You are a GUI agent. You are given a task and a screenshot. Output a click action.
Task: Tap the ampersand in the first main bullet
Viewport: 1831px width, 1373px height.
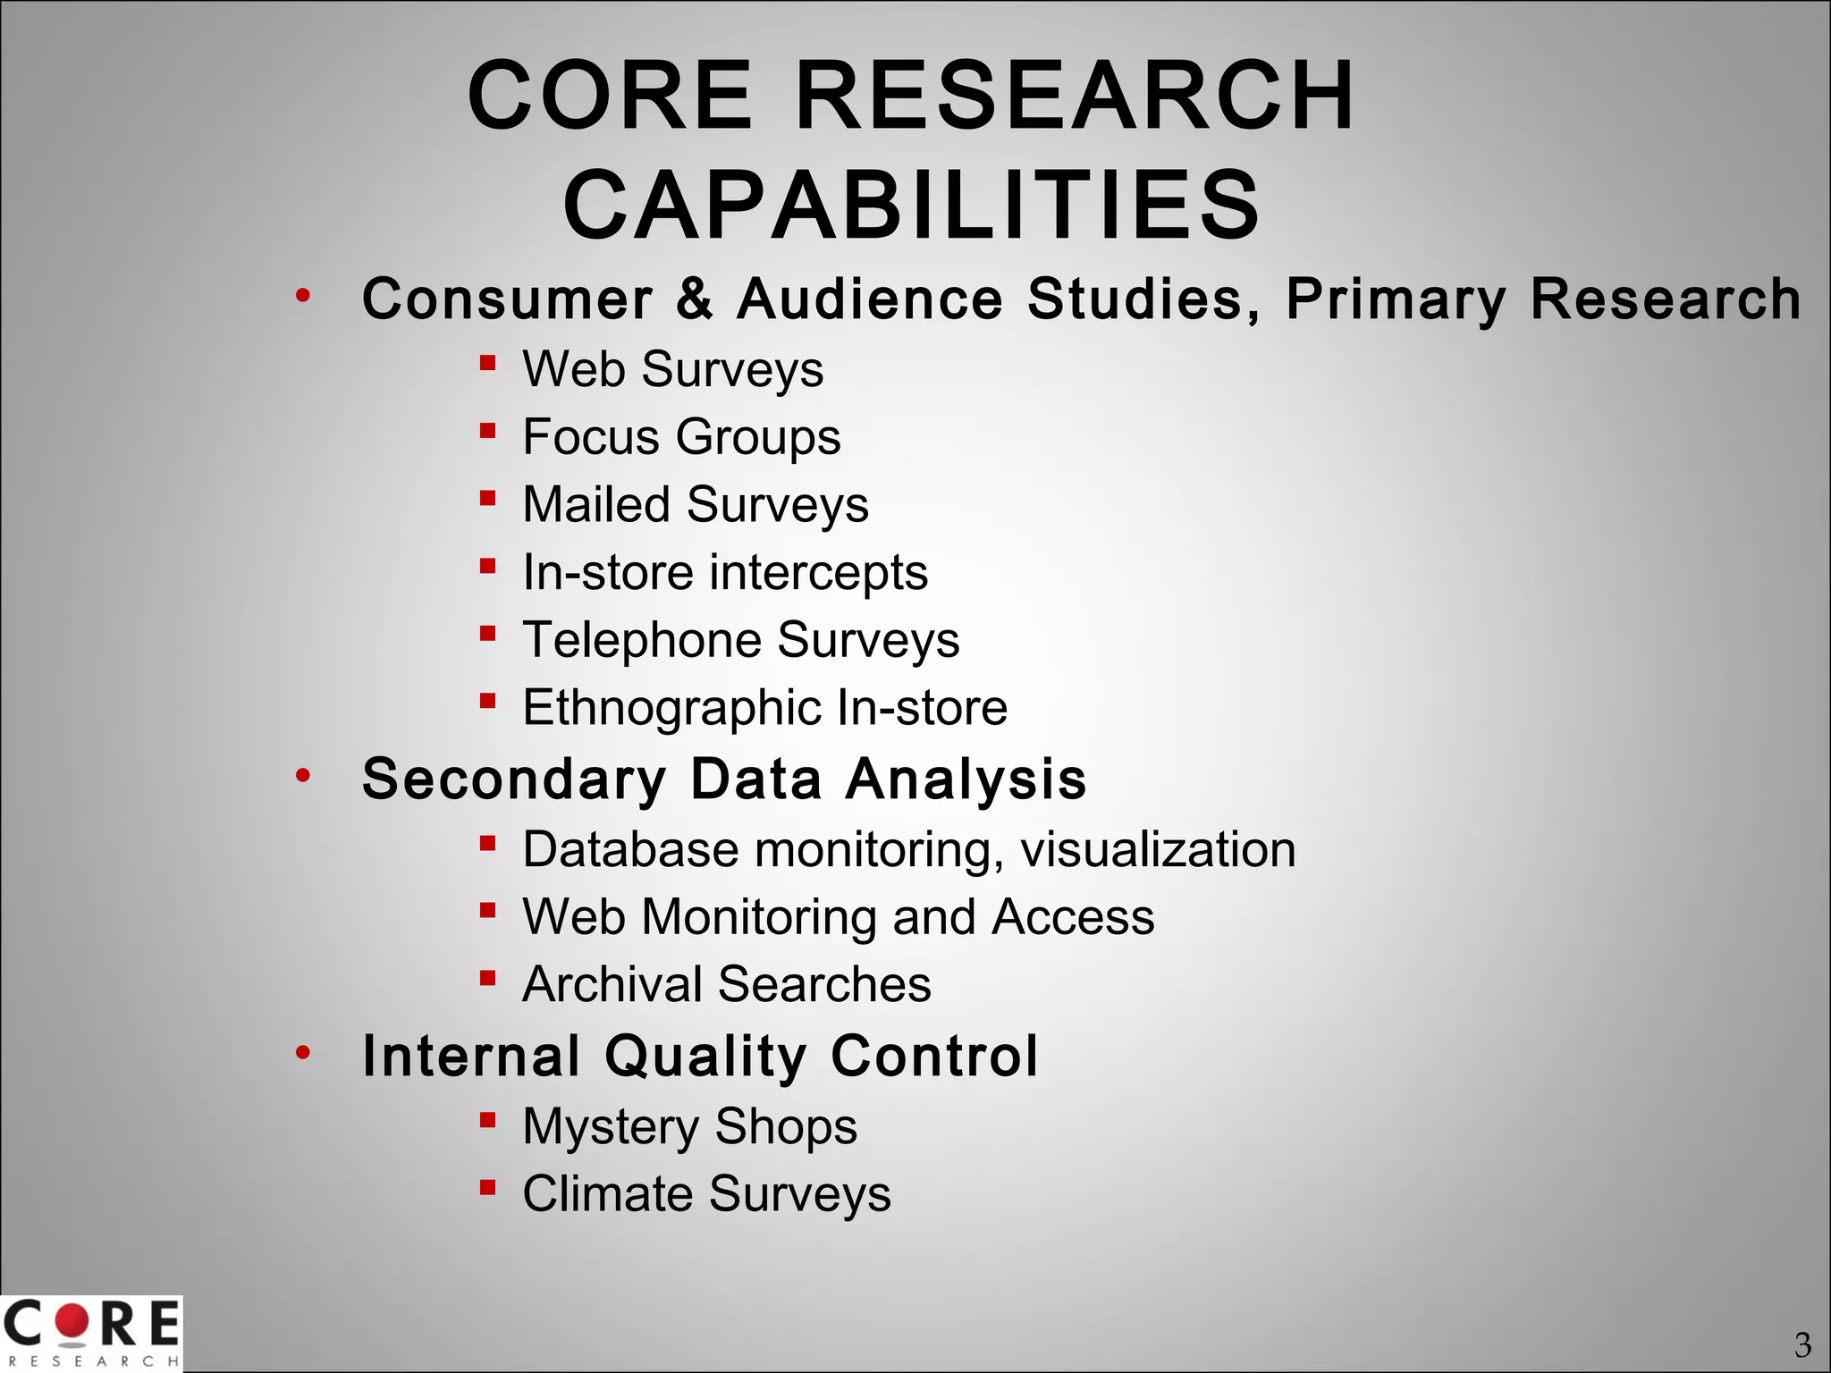click(695, 299)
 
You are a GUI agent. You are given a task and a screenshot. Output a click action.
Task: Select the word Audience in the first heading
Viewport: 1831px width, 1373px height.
click(869, 299)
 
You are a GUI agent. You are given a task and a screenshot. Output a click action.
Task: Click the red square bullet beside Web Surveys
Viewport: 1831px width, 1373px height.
click(487, 363)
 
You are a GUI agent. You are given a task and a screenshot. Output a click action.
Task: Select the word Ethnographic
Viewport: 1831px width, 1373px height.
click(671, 709)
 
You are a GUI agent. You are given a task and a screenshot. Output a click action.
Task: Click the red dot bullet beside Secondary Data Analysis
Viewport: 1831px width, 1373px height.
click(304, 774)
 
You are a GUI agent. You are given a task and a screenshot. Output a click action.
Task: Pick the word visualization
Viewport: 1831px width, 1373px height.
click(1158, 849)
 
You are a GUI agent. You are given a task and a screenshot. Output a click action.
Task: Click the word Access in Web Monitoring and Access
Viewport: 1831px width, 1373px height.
click(1073, 917)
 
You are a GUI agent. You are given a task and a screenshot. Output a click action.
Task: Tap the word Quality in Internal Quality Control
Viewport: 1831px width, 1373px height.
click(706, 1057)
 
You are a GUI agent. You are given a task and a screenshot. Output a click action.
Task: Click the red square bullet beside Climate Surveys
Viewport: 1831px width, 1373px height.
click(487, 1188)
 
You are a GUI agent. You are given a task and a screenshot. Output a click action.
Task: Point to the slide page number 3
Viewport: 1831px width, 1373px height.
click(1802, 1344)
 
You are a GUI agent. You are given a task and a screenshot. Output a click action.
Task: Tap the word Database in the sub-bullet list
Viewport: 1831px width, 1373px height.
click(630, 849)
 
